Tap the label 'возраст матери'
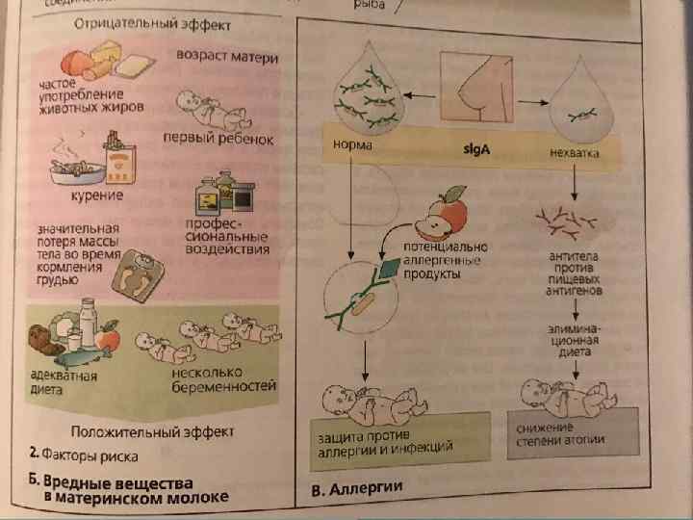pyautogui.click(x=227, y=57)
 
